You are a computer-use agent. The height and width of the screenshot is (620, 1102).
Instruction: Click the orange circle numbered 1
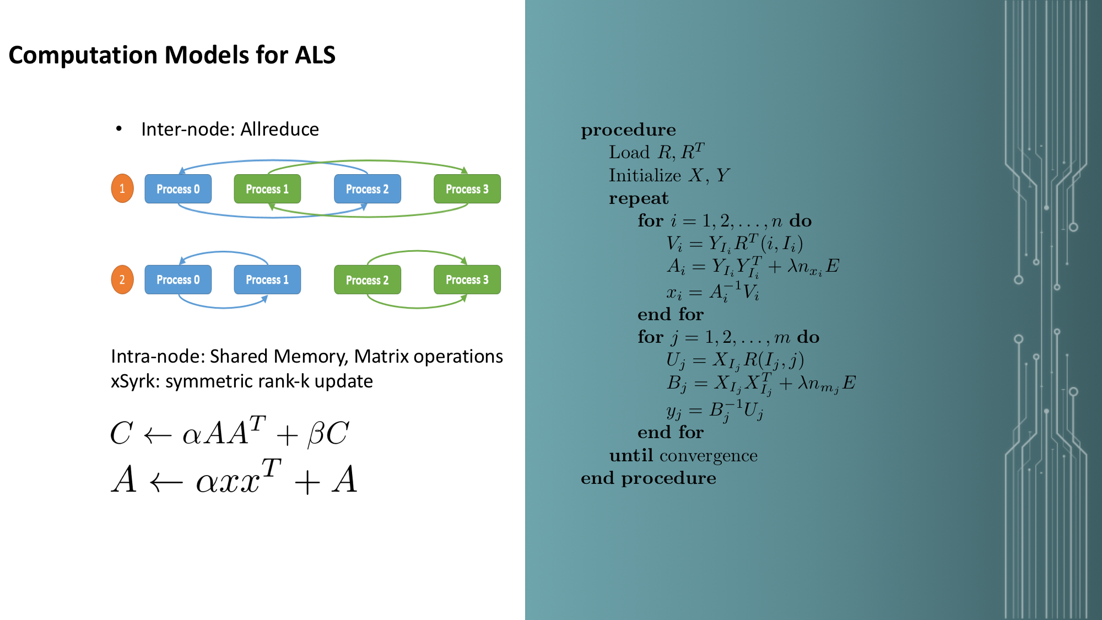(x=122, y=188)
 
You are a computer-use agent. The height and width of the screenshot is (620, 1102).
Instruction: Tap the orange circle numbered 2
(x=122, y=279)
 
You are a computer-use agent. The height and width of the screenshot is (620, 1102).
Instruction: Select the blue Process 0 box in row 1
(x=178, y=189)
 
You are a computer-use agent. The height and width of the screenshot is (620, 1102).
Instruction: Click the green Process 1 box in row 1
(x=267, y=189)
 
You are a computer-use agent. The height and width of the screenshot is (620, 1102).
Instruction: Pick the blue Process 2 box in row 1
(x=367, y=189)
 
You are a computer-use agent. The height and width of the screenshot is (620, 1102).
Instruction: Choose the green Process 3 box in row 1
(x=467, y=189)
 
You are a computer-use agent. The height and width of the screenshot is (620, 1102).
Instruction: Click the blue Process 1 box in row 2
(x=267, y=279)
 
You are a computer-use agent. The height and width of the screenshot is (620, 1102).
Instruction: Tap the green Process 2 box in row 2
(x=367, y=280)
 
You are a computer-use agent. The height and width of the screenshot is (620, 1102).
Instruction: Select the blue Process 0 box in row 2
(x=178, y=279)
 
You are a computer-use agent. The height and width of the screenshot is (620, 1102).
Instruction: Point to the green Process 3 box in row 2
(x=467, y=279)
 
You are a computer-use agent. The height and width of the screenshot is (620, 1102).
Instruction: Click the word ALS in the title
(x=315, y=55)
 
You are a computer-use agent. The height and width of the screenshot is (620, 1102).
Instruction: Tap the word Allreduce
(x=279, y=129)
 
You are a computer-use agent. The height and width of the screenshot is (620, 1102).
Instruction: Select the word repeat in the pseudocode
(x=638, y=198)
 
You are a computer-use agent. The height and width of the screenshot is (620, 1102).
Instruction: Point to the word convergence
(x=708, y=456)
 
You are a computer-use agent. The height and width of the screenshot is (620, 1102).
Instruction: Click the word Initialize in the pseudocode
(x=645, y=175)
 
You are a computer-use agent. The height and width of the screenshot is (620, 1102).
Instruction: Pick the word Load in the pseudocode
(x=629, y=152)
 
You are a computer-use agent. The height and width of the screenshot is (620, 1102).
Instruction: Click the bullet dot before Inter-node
(x=118, y=129)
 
